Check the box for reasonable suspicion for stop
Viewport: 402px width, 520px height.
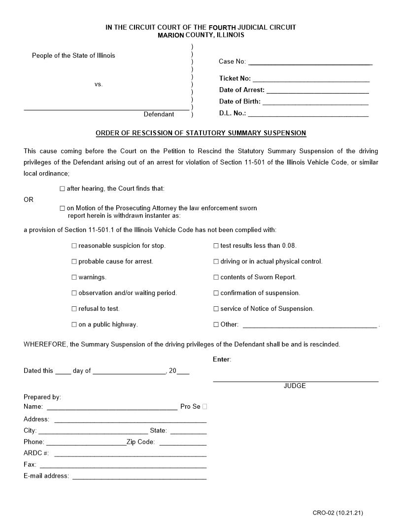tap(74, 246)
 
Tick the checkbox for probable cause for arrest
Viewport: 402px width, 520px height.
tap(74, 261)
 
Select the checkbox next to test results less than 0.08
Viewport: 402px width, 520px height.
tap(216, 246)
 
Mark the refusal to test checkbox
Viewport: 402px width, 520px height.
tap(74, 309)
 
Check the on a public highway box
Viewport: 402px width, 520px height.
tap(74, 325)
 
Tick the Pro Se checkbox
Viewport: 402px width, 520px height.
tap(204, 407)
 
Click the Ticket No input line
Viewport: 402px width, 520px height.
tap(311, 79)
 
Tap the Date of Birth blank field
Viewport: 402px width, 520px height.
tap(315, 102)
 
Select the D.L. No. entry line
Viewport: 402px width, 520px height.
tap(308, 114)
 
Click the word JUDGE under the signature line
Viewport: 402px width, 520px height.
tap(295, 386)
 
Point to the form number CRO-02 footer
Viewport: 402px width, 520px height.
tap(337, 513)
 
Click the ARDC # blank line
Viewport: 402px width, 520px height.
tap(130, 454)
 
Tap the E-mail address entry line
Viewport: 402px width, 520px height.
tap(139, 476)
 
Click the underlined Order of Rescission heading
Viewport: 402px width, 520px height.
tap(201, 133)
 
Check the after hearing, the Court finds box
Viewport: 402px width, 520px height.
tap(62, 189)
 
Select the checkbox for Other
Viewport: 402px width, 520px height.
tap(216, 325)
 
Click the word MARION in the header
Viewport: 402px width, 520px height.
tap(170, 35)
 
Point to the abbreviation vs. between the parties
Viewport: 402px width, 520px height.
tap(99, 84)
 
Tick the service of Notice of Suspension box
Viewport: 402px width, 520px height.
tap(216, 309)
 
